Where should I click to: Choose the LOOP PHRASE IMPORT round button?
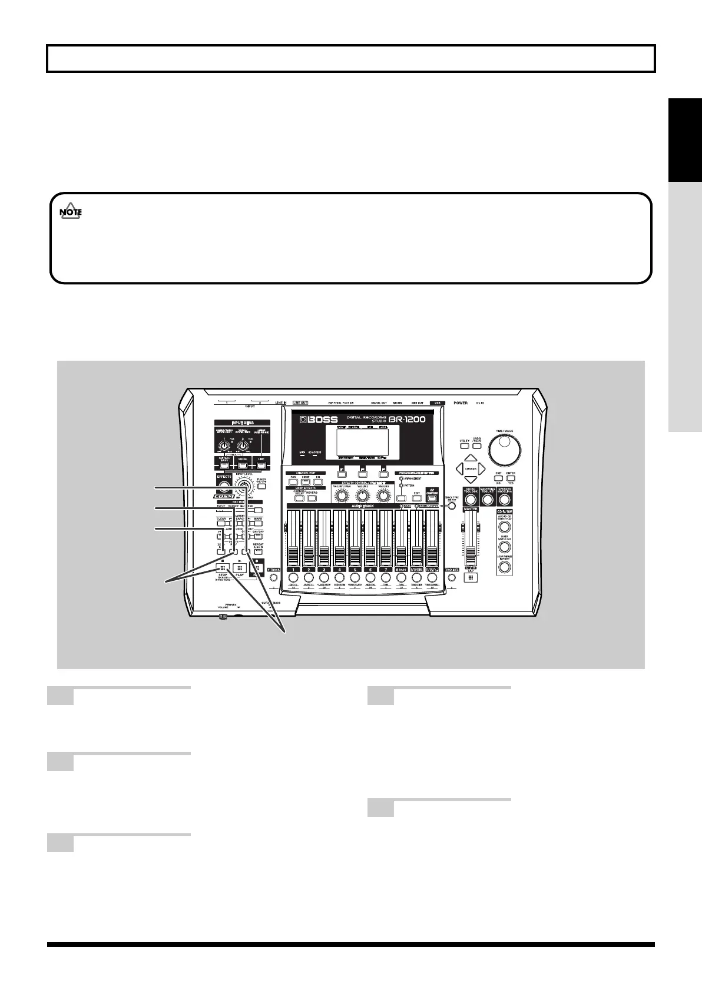coord(505,567)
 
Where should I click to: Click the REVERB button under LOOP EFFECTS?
coord(312,498)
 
